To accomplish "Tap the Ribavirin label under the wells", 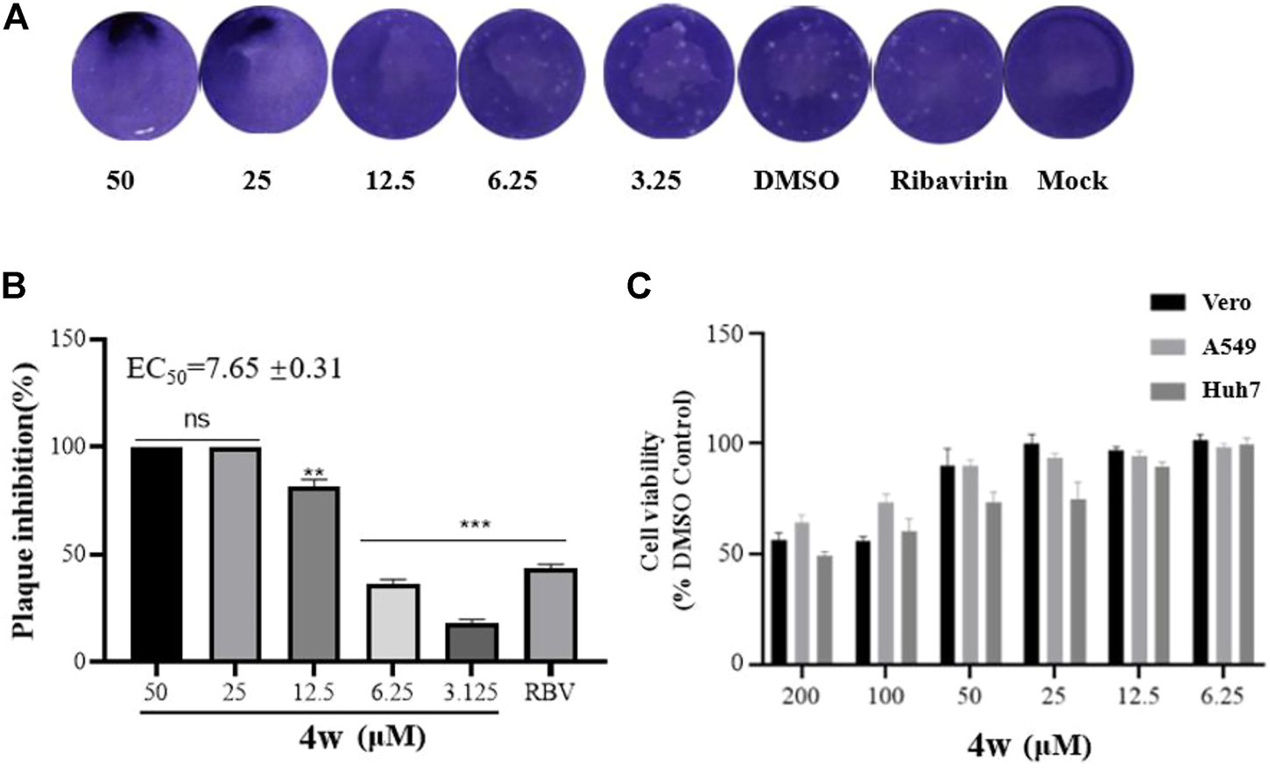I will [x=949, y=180].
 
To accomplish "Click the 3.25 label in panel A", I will [x=655, y=180].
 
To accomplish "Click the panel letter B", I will [x=15, y=286].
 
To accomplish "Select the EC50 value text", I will [x=234, y=369].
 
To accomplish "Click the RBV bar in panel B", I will [x=550, y=615].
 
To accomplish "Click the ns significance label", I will [x=196, y=419].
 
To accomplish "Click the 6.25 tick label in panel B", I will [x=392, y=692].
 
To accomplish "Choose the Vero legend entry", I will [x=1200, y=303].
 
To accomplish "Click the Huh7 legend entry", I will [x=1200, y=391].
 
